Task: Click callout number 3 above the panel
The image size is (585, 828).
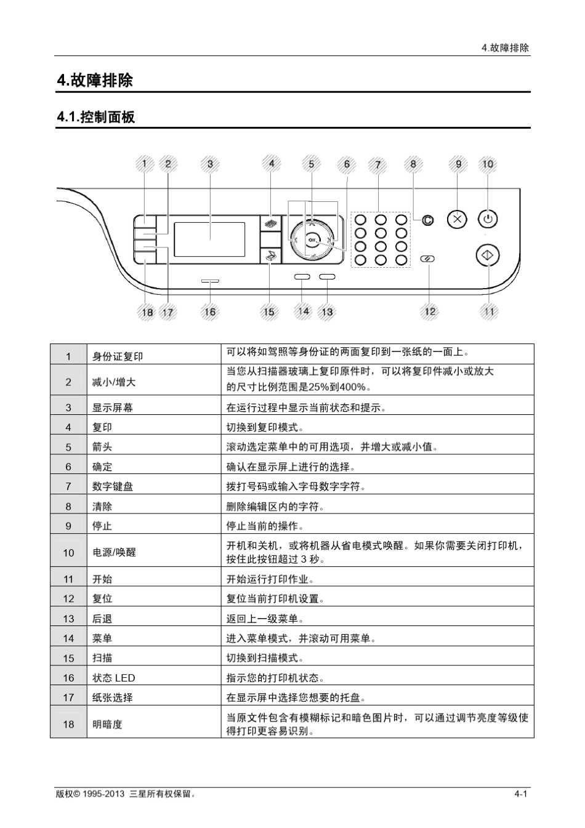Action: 210,164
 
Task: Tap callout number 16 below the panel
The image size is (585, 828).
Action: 210,312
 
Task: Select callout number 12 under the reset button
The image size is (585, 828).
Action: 430,312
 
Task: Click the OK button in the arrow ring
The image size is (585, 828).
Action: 312,239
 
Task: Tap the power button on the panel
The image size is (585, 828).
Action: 488,219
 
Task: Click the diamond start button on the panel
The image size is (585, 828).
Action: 488,255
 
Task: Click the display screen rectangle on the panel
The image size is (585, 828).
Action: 209,239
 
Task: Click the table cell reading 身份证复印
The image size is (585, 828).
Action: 118,356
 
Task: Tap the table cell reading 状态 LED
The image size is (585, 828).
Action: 114,678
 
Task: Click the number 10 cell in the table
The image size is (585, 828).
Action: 68,553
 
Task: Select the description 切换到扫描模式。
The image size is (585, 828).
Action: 265,658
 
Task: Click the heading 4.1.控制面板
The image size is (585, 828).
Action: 95,117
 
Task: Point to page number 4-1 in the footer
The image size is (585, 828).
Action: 521,794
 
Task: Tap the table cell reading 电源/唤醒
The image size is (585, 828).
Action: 115,553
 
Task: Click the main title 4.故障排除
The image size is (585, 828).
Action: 95,81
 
